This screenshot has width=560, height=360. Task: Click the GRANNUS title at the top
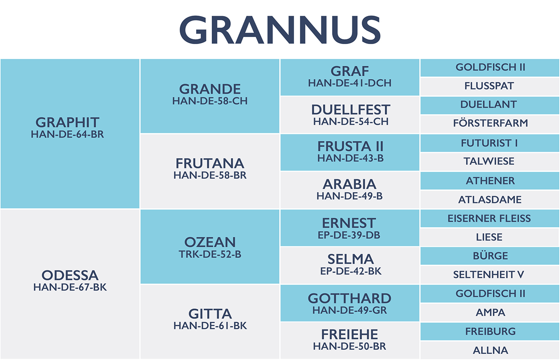280,30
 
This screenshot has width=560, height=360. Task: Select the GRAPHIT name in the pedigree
68,122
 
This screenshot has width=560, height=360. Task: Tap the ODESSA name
70,275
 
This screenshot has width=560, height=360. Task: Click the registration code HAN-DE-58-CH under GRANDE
210,101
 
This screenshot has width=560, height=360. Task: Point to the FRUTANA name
210,164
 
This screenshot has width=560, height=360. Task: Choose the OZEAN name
210,242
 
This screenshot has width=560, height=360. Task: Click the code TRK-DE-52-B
210,254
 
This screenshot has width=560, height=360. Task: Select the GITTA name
210,314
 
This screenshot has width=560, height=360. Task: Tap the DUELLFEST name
351,110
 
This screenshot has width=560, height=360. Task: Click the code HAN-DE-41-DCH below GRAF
350,83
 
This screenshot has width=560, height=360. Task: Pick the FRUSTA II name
350,146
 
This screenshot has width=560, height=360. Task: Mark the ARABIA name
349,184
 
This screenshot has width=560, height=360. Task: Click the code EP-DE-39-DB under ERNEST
349,235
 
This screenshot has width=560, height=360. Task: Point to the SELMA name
351,259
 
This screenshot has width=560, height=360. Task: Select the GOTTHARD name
349,298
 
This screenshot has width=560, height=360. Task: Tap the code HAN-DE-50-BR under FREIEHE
349,346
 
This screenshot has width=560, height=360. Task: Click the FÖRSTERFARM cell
490,124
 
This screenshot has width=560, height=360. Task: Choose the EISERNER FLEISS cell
490,218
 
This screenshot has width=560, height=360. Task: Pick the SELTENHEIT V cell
490,275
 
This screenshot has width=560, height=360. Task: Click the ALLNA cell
490,350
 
